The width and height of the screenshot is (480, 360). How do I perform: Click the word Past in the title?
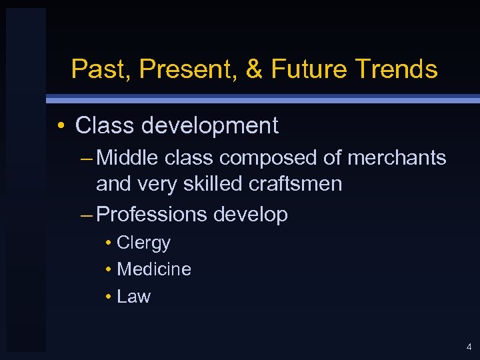point(94,69)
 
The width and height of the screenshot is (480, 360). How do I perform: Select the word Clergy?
point(143,243)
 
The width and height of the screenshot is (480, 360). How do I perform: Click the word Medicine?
point(153,269)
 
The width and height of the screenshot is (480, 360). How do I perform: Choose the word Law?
point(133,297)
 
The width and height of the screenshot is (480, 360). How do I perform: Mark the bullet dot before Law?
point(108,297)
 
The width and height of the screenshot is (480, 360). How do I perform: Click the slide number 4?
point(469,347)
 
